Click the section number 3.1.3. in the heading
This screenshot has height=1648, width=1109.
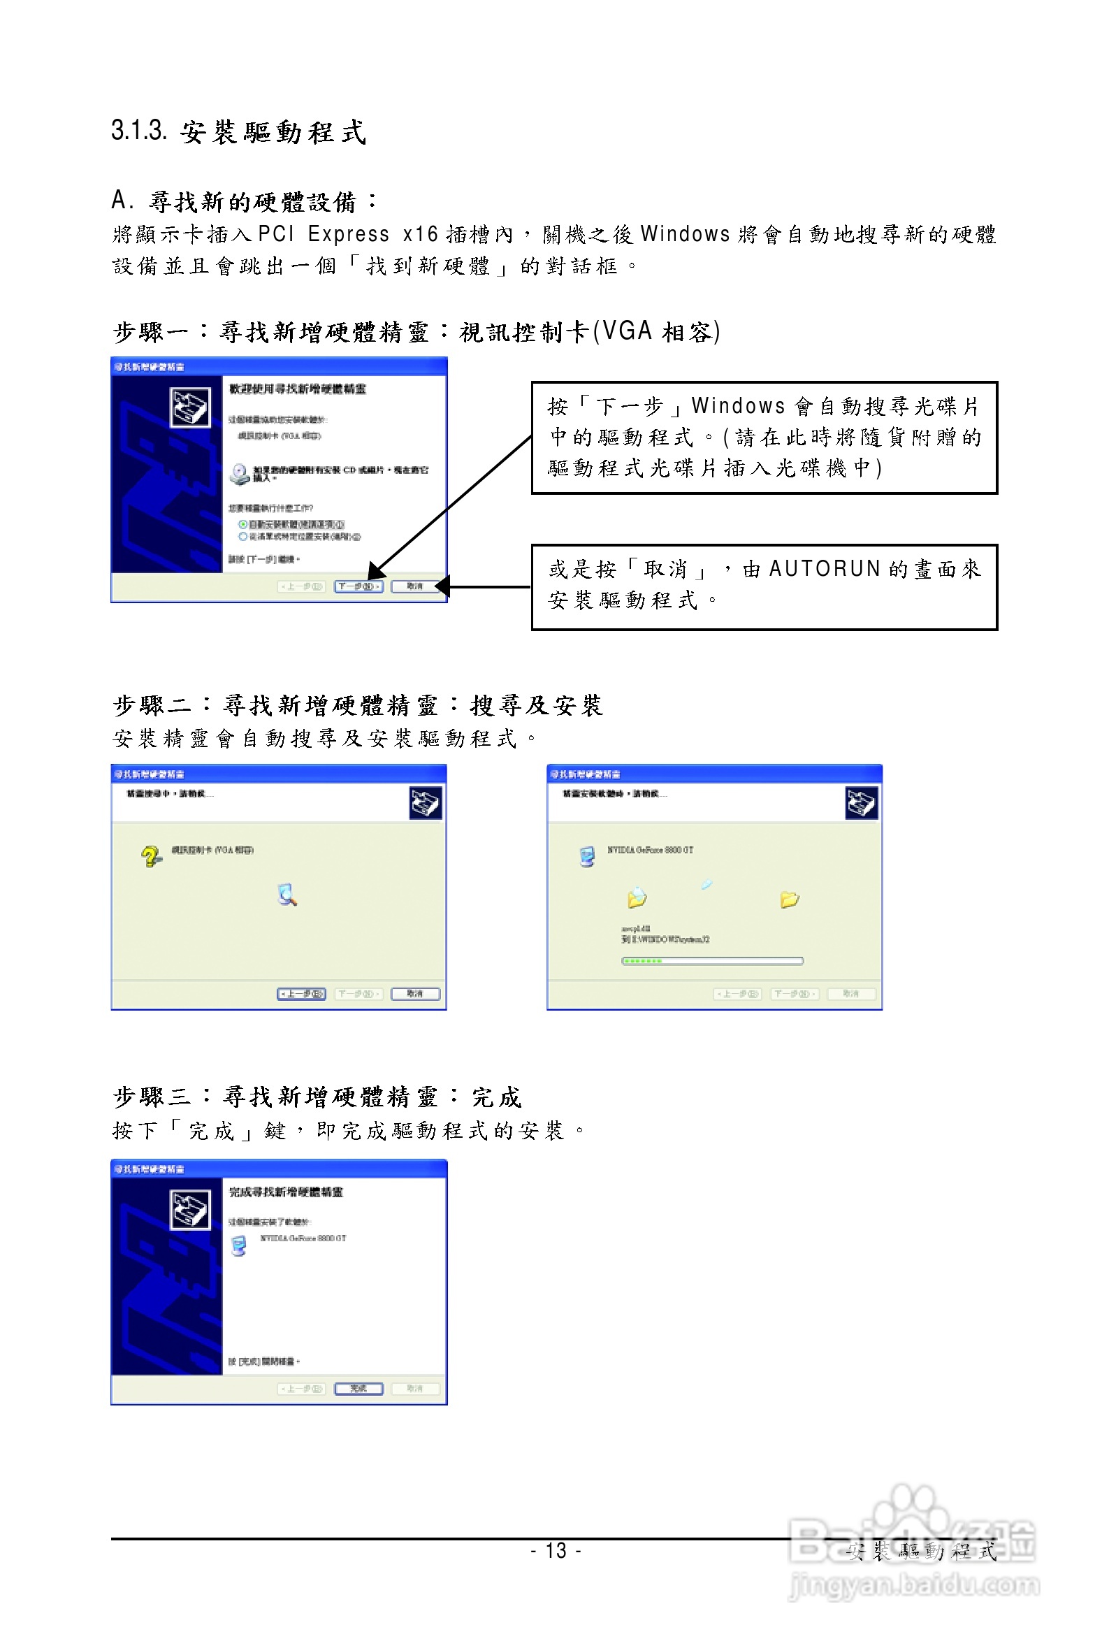click(x=138, y=131)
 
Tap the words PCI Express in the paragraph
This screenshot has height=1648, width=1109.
click(x=324, y=234)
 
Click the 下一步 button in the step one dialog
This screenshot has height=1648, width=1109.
click(x=358, y=586)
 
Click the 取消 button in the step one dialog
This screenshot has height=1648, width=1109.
click(x=415, y=586)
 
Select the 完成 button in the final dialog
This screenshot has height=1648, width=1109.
click(x=358, y=1389)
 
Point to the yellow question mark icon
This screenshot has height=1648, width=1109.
click(x=150, y=857)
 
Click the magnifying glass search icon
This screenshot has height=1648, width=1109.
click(x=287, y=895)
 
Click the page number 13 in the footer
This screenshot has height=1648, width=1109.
click(x=556, y=1551)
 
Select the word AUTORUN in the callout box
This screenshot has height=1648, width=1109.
click(x=824, y=570)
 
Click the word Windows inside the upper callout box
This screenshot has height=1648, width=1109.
click(x=738, y=406)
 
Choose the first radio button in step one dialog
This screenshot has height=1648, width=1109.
click(x=242, y=524)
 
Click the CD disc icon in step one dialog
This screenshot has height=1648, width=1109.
click(x=240, y=473)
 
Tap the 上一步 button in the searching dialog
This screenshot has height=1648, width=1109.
click(x=301, y=994)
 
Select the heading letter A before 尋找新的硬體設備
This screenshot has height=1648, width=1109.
click(x=119, y=201)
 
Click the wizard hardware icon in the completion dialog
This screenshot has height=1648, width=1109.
click(x=190, y=1210)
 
